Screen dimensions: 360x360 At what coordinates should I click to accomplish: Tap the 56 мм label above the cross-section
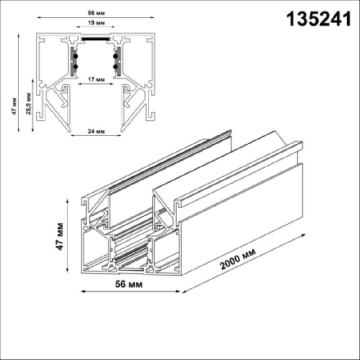tap(92, 15)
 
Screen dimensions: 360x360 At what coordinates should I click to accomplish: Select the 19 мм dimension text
tap(92, 27)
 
